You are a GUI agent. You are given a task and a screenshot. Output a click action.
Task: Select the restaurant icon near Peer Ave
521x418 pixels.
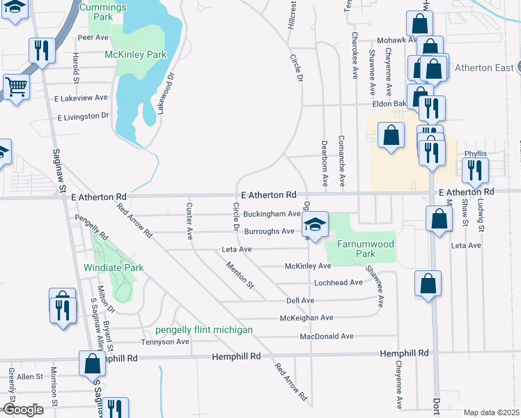(x=41, y=50)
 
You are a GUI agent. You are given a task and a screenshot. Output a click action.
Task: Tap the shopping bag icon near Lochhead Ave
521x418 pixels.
(x=428, y=284)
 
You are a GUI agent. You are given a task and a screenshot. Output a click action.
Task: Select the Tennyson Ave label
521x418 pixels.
(x=165, y=342)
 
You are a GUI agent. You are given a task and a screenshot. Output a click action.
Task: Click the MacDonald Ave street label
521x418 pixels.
(x=327, y=336)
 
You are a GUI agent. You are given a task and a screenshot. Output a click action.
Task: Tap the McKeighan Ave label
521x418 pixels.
(x=306, y=318)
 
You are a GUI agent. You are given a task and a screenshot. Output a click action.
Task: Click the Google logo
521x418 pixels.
(x=24, y=410)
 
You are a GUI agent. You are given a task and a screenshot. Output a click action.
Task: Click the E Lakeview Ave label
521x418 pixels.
(x=81, y=98)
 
